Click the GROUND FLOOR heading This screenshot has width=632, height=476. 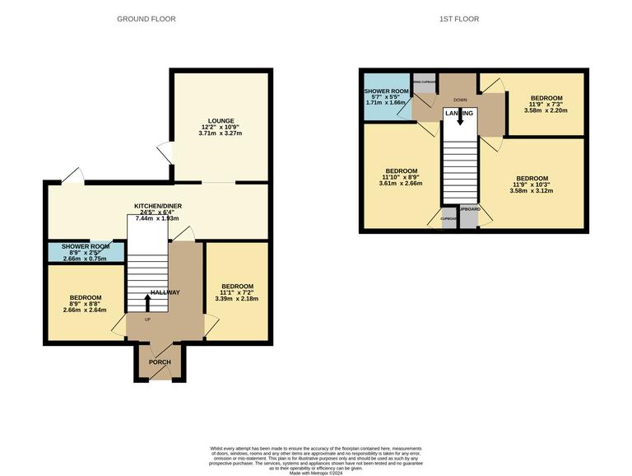[x=146, y=19]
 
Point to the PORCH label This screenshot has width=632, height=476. [x=159, y=363]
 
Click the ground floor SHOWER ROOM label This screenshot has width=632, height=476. [x=86, y=246]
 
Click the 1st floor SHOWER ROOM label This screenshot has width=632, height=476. [x=387, y=91]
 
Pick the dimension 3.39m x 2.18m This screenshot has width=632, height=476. [x=236, y=299]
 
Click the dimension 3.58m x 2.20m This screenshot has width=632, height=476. [x=546, y=111]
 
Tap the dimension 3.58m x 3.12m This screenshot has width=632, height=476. [x=532, y=192]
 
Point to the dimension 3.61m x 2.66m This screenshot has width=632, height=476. [x=400, y=184]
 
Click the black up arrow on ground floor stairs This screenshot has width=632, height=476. [x=147, y=301]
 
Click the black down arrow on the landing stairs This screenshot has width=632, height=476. [x=459, y=119]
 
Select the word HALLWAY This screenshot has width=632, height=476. [x=164, y=292]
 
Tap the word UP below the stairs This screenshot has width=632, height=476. [x=147, y=320]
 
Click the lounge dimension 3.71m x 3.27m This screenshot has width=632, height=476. [x=220, y=133]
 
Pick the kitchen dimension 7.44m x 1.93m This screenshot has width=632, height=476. [x=156, y=219]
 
